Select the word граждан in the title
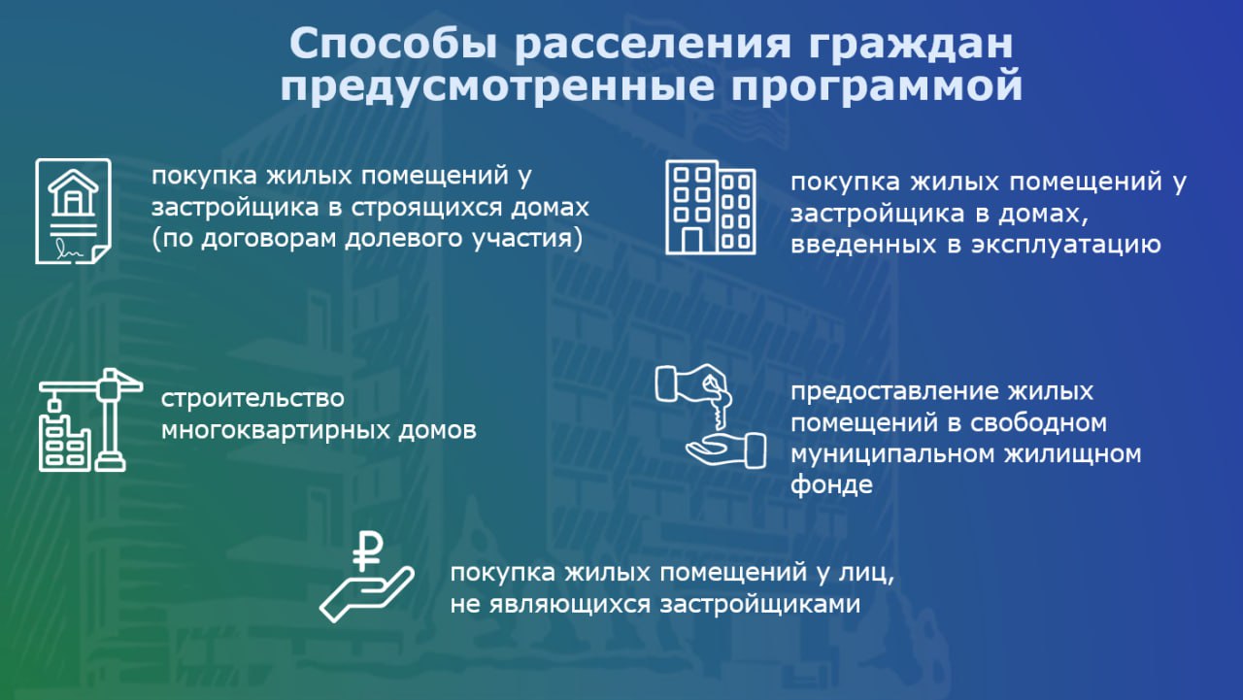point(911,45)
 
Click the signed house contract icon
point(73,212)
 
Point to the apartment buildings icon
point(711,208)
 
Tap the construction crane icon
point(90,419)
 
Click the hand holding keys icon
point(710,416)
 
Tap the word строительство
point(252,399)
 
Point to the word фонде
point(831,484)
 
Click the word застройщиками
point(760,604)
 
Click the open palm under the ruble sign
point(366,594)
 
